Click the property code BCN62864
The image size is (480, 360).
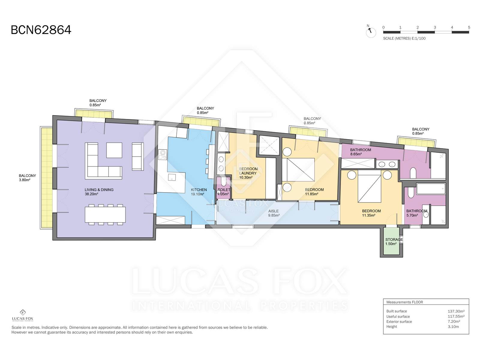tap(41, 30)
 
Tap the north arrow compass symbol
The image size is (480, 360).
tap(371, 32)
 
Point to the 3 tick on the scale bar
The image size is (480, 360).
tap(435, 28)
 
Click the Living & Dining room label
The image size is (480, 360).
tap(99, 192)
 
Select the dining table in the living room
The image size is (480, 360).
tap(105, 214)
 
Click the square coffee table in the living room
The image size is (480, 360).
tap(114, 150)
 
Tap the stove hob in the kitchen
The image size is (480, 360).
tap(162, 154)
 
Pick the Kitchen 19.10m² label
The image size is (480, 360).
tap(199, 192)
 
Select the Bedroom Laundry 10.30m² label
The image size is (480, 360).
tap(248, 173)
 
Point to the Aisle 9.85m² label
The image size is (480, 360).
tap(274, 213)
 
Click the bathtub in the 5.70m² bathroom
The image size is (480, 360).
tap(431, 189)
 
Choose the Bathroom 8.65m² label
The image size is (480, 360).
tap(360, 152)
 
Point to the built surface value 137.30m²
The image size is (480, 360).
tap(456, 311)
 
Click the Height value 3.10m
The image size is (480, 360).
tap(453, 327)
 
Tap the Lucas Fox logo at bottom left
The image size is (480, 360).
tap(22, 315)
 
